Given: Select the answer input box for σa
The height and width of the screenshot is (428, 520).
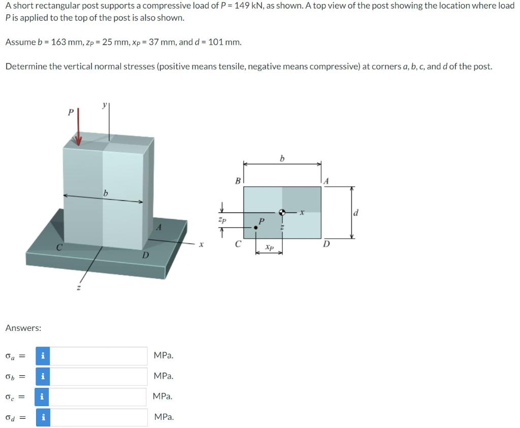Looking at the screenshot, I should (99, 356).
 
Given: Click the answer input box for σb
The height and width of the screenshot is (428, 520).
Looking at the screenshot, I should (99, 377).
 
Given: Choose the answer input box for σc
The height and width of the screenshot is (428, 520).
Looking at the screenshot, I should (99, 397).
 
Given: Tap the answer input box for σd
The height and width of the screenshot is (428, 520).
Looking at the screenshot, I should (99, 418).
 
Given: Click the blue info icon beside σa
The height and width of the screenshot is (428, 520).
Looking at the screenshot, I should (43, 356).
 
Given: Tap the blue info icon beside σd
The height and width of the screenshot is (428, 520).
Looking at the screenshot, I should (43, 418).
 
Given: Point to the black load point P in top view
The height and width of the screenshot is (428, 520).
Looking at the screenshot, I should (256, 228).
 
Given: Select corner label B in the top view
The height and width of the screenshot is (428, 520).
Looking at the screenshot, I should (237, 180).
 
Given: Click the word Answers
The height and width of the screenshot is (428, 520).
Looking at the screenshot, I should (23, 328).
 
